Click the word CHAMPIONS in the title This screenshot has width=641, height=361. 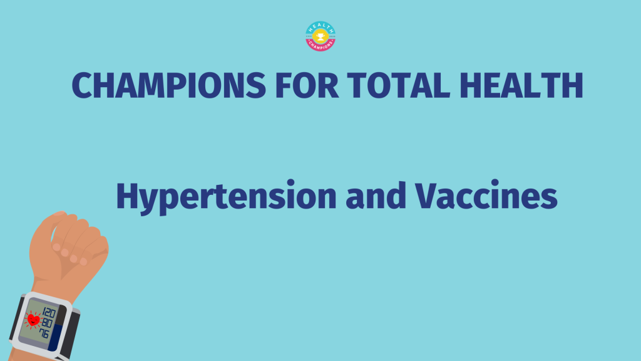(169, 85)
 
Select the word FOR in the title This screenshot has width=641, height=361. (307, 85)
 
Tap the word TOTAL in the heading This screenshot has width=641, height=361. (399, 85)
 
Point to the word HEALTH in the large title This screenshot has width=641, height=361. (521, 85)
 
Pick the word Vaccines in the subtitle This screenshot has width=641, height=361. (486, 196)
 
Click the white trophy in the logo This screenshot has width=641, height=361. (320, 36)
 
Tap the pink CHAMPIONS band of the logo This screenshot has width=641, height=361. (320, 44)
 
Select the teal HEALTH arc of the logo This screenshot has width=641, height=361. (320, 26)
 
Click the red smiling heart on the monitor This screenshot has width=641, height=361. (33, 320)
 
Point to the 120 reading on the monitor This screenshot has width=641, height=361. (49, 313)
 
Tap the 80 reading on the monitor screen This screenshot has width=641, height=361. (46, 323)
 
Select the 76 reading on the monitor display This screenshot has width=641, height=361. (44, 333)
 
